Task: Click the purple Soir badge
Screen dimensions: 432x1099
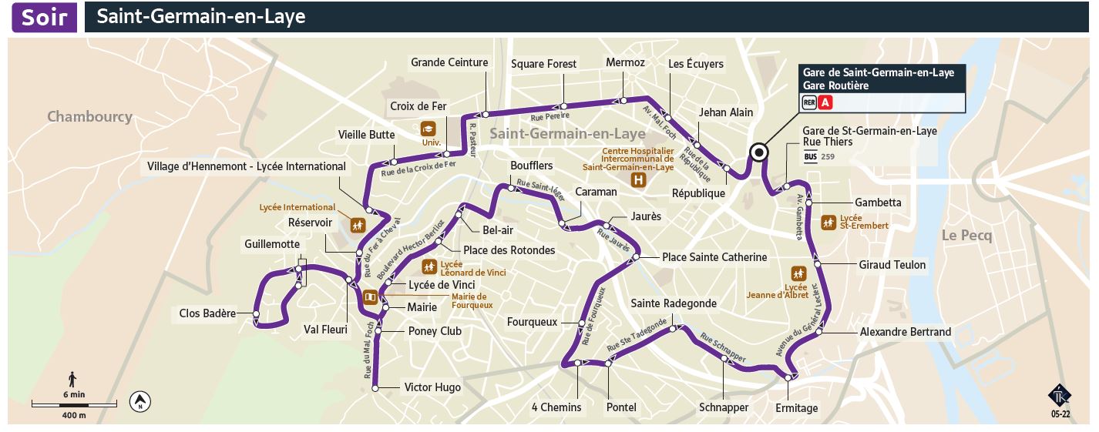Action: coord(44,17)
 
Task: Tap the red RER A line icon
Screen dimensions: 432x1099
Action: coord(825,102)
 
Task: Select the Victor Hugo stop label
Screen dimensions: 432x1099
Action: coord(432,387)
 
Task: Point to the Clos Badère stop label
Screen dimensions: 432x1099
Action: coord(207,313)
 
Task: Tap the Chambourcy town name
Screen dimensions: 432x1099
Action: coord(89,117)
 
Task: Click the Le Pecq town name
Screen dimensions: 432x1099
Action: coord(966,236)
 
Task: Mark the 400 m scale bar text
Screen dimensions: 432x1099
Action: coord(74,415)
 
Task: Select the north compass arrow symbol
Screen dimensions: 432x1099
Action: coord(141,401)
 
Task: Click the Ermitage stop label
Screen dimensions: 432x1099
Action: coord(796,407)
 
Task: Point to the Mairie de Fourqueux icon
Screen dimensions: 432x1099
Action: coord(370,296)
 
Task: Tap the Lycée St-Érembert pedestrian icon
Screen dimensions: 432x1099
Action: coord(828,223)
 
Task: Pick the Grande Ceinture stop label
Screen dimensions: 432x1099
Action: coord(449,62)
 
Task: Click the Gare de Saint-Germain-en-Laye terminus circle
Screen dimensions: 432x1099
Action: coord(759,152)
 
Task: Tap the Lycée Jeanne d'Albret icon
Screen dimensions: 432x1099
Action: coord(798,273)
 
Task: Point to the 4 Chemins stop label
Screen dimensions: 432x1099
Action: coord(556,407)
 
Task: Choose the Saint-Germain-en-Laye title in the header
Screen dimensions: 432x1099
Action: coord(201,17)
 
